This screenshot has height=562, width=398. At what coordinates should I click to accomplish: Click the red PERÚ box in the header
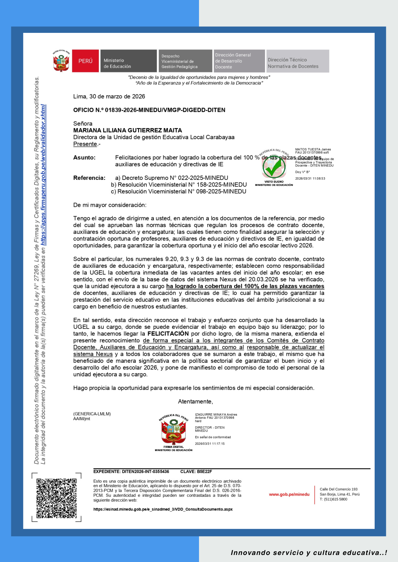pos(85,61)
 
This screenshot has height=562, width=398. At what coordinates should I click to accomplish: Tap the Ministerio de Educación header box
pos(128,61)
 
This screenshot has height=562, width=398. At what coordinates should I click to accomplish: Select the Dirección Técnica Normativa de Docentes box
pos(298,61)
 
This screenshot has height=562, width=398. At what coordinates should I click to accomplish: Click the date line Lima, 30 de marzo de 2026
pos(109,96)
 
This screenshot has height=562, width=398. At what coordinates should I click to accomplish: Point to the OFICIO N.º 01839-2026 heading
pos(149,110)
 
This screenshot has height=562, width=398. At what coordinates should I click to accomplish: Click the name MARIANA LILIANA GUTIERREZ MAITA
pos(128,130)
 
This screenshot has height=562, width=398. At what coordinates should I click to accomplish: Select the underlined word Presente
pos(85,144)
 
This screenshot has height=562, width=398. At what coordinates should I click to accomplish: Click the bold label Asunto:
pos(84,158)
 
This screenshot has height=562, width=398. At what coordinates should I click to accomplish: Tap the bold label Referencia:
pos(89,178)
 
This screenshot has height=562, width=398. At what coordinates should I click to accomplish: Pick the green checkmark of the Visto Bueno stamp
pos(274,167)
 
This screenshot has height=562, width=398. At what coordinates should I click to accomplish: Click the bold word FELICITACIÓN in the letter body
pos(168,334)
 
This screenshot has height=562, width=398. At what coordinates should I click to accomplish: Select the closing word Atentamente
pos(195,402)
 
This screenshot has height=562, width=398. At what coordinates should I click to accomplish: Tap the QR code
pos(57,498)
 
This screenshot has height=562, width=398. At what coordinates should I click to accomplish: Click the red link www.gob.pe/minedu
pos(289,494)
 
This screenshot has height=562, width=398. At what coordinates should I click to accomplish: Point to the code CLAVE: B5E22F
pos(196,472)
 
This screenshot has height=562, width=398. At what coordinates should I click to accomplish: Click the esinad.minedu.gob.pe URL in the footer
pos(163,509)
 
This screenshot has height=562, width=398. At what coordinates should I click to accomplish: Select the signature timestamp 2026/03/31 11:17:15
pos(210,444)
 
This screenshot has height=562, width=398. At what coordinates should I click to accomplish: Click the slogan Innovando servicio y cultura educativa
pos(309,553)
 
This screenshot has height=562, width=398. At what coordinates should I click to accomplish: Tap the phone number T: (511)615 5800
pos(333,499)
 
